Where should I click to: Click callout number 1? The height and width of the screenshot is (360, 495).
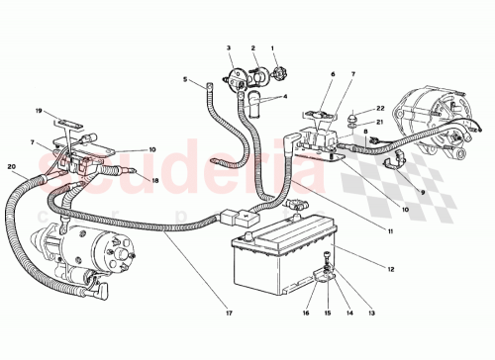point(274,47)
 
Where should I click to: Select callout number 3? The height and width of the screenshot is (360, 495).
point(228,47)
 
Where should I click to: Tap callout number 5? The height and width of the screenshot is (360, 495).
point(185,79)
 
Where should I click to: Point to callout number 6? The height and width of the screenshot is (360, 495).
point(333,74)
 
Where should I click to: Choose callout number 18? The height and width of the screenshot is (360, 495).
point(154,180)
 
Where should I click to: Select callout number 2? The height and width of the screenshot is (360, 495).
point(252,47)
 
